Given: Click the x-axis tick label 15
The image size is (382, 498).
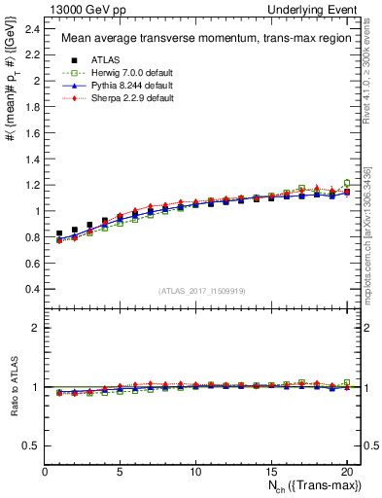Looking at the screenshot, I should (x=270, y=472).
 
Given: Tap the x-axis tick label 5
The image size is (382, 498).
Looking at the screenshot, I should (x=120, y=472).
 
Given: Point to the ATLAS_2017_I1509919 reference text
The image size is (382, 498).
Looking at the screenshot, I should (x=201, y=291).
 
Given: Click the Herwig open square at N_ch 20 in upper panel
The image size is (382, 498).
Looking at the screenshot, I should (x=347, y=182).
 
